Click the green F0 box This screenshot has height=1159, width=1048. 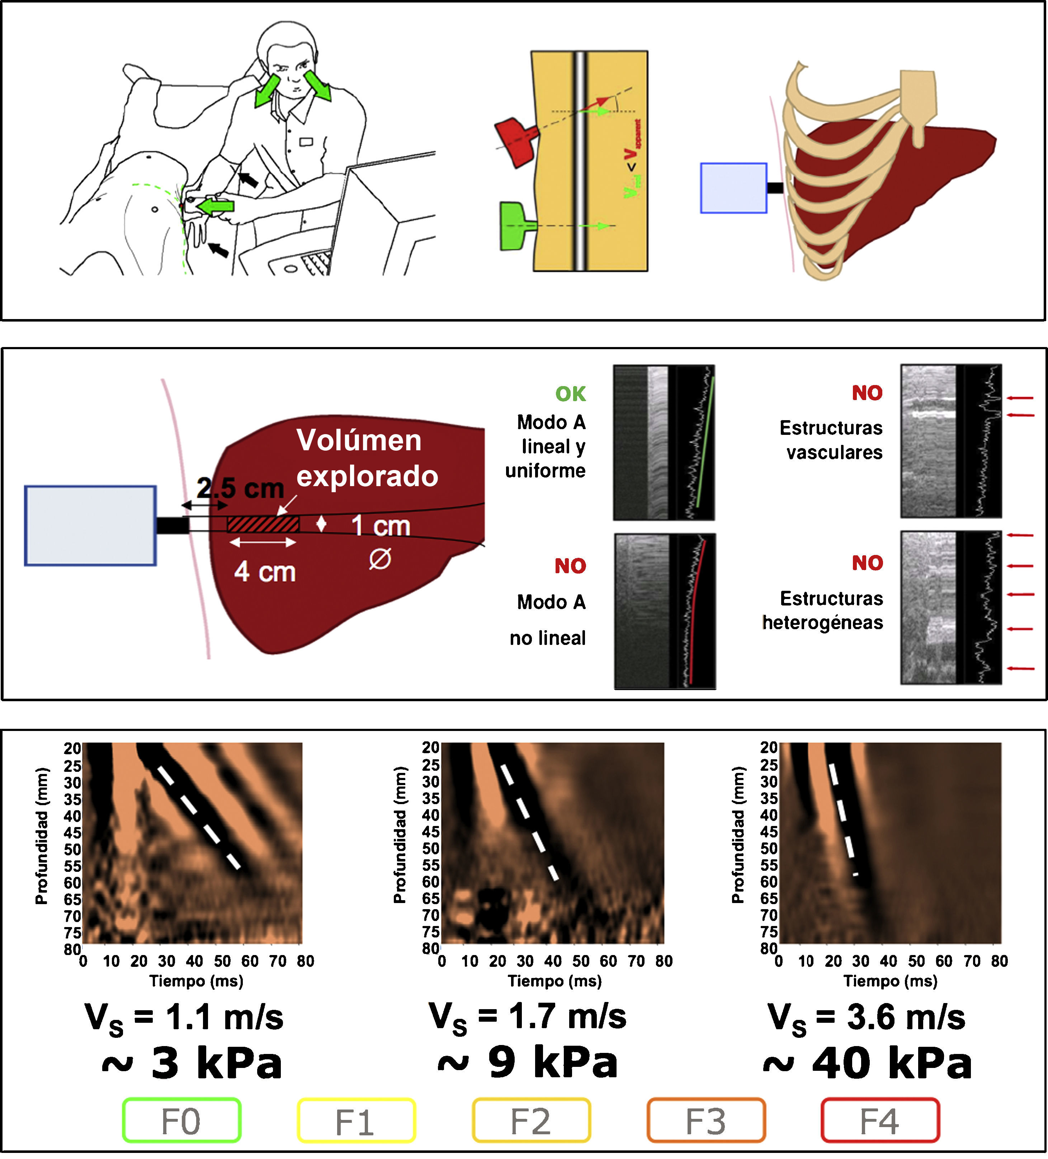181,1120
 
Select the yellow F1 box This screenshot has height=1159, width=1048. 356,1120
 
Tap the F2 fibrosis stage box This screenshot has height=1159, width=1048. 531,1120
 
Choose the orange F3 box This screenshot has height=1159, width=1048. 706,1120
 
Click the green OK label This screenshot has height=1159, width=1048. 570,394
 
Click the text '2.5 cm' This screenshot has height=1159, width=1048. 240,489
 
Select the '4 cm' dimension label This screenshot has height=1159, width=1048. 265,572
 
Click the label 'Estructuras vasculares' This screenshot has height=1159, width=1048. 831,440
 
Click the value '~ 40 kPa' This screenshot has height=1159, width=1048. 867,1063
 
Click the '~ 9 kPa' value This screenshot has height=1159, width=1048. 528,1063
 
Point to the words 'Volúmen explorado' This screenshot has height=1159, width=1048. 367,458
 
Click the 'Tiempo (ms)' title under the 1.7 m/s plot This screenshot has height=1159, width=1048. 554,981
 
